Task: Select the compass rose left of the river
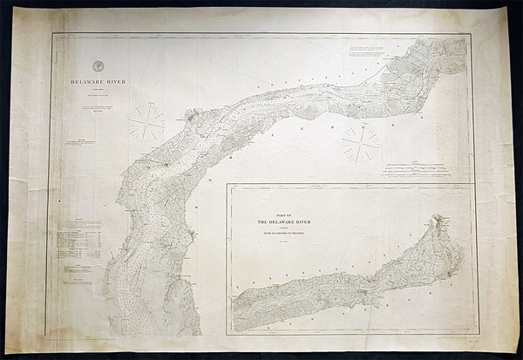(146, 122)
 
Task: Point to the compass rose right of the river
(359, 141)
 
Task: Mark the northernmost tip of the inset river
(433, 217)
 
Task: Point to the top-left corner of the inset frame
(228, 185)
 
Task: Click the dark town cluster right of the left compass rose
(191, 115)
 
